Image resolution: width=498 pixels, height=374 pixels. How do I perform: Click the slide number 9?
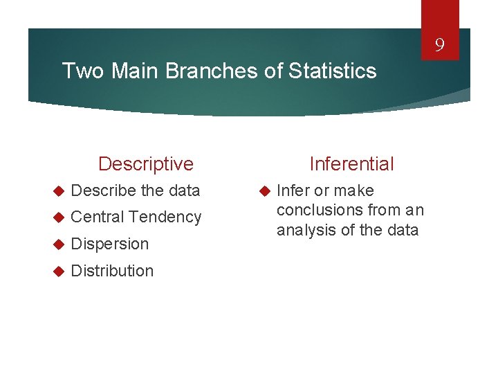(x=439, y=47)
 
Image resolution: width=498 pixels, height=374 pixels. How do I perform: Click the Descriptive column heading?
(x=146, y=164)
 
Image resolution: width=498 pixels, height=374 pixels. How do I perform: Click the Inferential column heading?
(x=351, y=164)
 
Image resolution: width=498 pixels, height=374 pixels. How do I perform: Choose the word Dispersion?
(x=110, y=244)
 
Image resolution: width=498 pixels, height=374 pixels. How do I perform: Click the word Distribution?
(x=112, y=271)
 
